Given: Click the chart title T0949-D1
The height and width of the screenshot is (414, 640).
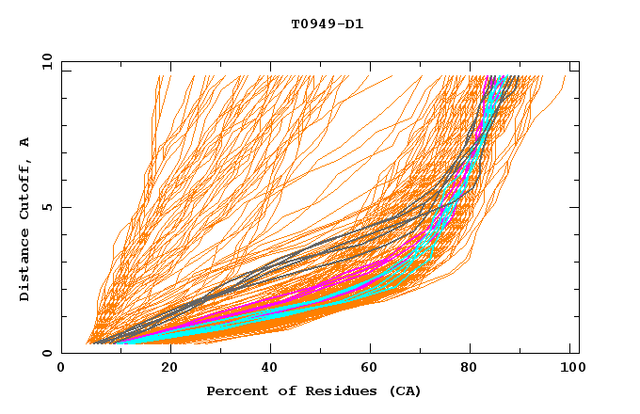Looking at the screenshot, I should tap(328, 24).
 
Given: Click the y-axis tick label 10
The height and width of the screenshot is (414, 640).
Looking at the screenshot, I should tap(46, 62).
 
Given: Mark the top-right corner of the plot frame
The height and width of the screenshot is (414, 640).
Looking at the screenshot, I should tap(579, 62).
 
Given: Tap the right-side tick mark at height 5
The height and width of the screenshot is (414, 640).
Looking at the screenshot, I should tap(575, 207).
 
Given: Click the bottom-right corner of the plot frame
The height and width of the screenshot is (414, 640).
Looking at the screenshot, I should tap(579, 353).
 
